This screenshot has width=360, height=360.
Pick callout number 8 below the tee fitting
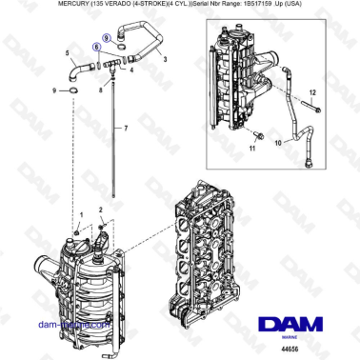(100, 90)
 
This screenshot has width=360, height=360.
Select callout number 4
(130, 70)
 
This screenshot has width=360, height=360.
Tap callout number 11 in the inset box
(252, 150)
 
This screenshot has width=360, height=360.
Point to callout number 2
(101, 209)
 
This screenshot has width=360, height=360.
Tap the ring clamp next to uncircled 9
(74, 91)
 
